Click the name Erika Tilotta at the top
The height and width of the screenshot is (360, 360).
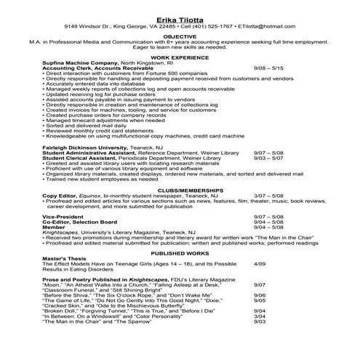[x=179, y=15]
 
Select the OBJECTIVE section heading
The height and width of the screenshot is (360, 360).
[x=179, y=36]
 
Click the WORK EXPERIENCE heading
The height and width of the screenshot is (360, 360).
[x=179, y=56]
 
